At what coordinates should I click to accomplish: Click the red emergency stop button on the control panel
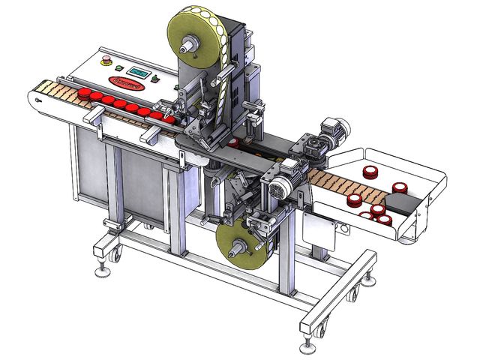[106, 58]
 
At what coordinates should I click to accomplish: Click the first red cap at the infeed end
[84, 93]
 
